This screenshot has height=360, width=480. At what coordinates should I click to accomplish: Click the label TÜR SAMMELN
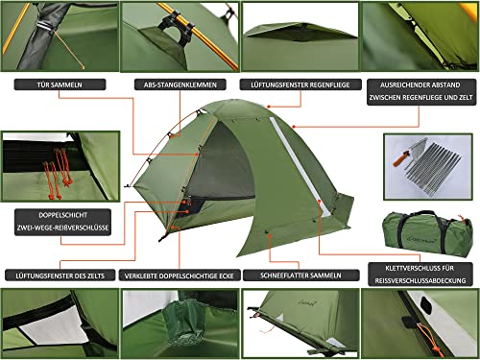point(60,84)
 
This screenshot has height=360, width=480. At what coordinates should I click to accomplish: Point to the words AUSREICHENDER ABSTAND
point(420,84)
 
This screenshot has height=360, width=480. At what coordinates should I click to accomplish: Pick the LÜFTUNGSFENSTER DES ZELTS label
point(60,275)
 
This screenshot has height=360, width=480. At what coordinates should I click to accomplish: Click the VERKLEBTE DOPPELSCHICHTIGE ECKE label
point(180,275)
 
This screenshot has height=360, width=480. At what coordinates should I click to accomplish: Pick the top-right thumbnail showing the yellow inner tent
point(420,36)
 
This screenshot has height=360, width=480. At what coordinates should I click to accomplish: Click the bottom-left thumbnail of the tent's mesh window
point(59,323)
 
